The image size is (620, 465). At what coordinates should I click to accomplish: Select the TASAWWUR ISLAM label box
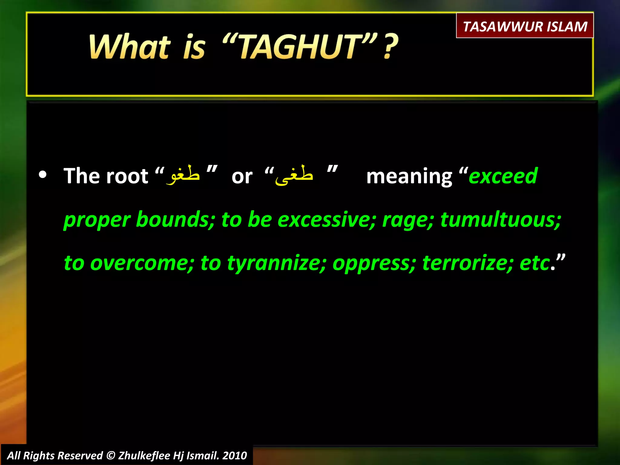point(525,26)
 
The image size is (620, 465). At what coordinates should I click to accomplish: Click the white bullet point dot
point(43,175)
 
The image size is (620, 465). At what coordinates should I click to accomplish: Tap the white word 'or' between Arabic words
point(242,176)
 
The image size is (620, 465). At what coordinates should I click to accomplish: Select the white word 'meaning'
point(409,176)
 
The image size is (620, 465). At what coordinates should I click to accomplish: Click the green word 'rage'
point(407,220)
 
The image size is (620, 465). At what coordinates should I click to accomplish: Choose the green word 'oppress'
point(373,263)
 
